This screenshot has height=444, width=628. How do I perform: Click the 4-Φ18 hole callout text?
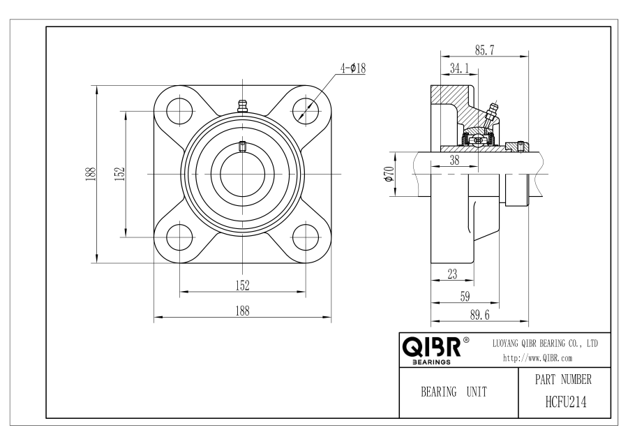(353, 68)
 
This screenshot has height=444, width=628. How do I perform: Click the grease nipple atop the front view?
(242, 106)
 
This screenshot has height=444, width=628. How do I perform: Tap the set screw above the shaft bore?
(242, 147)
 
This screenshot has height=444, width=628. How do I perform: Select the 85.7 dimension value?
(485, 50)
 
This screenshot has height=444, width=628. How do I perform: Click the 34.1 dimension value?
(459, 68)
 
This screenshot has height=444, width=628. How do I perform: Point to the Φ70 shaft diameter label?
(389, 174)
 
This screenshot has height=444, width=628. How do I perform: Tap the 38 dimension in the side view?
(454, 161)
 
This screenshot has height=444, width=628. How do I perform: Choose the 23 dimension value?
(452, 274)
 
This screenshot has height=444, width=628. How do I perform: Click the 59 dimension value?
(465, 297)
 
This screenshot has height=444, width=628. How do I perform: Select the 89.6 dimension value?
(480, 316)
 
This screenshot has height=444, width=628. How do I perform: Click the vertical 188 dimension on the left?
(91, 174)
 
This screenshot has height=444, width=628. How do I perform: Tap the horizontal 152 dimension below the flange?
(243, 286)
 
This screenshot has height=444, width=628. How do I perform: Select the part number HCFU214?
(566, 402)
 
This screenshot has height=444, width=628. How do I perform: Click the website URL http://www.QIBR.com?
(538, 358)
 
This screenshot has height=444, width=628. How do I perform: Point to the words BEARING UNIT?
(454, 392)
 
